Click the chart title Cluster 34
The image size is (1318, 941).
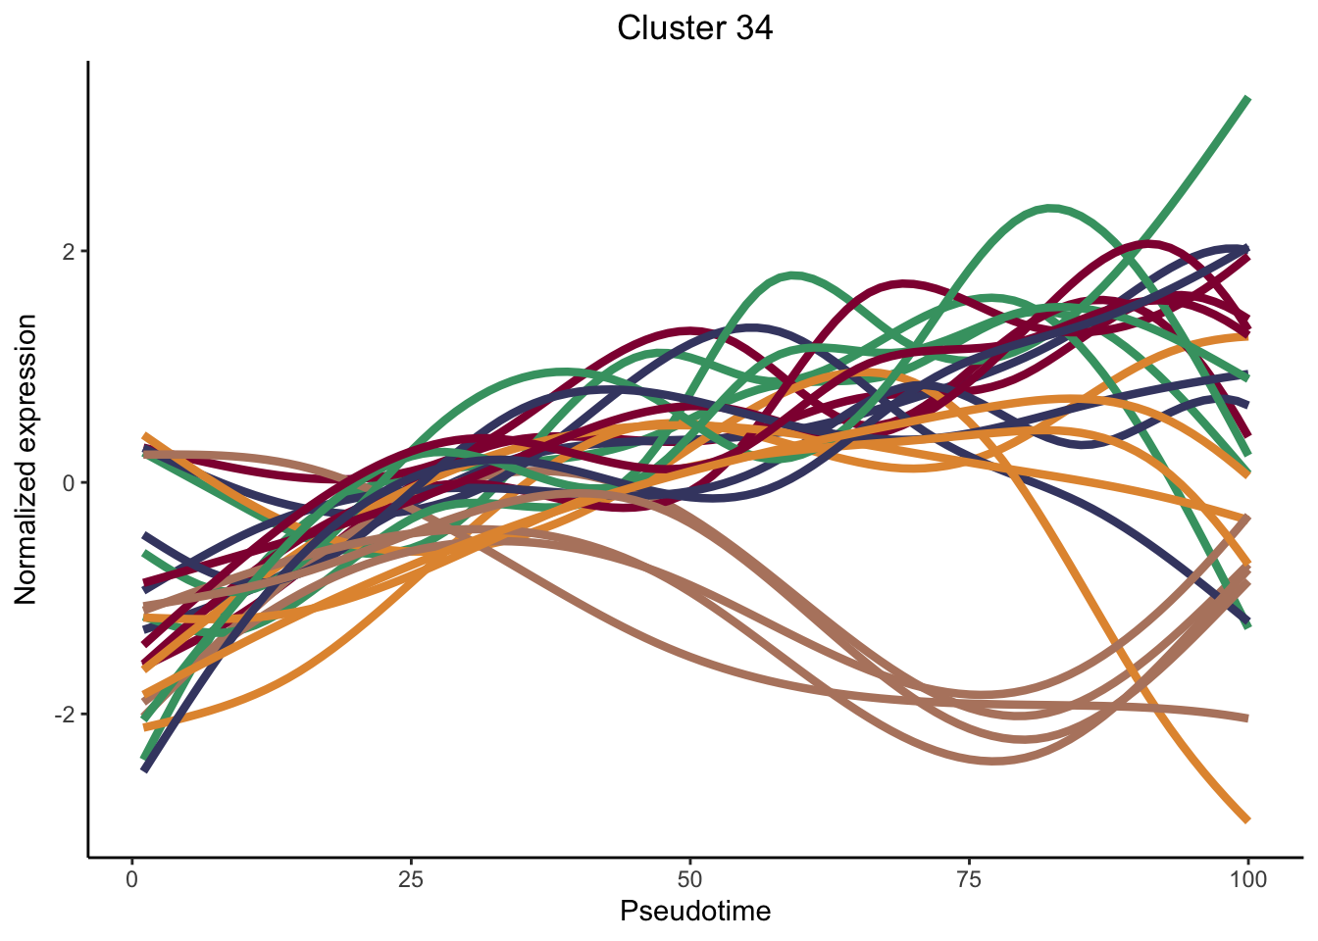tap(694, 27)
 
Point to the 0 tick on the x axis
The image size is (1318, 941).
tap(132, 878)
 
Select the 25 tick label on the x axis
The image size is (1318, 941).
tap(411, 878)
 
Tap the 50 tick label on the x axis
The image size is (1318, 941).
tap(690, 878)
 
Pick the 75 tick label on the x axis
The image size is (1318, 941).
tap(969, 878)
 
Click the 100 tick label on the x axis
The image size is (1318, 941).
tap(1247, 878)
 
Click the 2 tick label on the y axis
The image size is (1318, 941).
tap(69, 251)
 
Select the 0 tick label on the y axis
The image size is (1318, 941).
tap(69, 482)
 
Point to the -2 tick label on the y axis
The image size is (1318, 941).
tap(64, 715)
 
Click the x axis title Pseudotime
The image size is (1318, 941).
tap(695, 912)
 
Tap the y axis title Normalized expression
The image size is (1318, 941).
tap(26, 459)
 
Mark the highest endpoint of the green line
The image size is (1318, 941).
tap(1247, 99)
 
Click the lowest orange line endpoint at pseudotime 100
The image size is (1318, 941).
tap(1247, 819)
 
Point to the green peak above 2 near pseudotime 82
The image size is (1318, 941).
tap(1051, 208)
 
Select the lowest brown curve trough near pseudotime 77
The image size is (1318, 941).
tap(993, 761)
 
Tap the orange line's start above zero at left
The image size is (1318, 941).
tap(145, 435)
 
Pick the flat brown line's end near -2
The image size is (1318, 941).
tap(1247, 718)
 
